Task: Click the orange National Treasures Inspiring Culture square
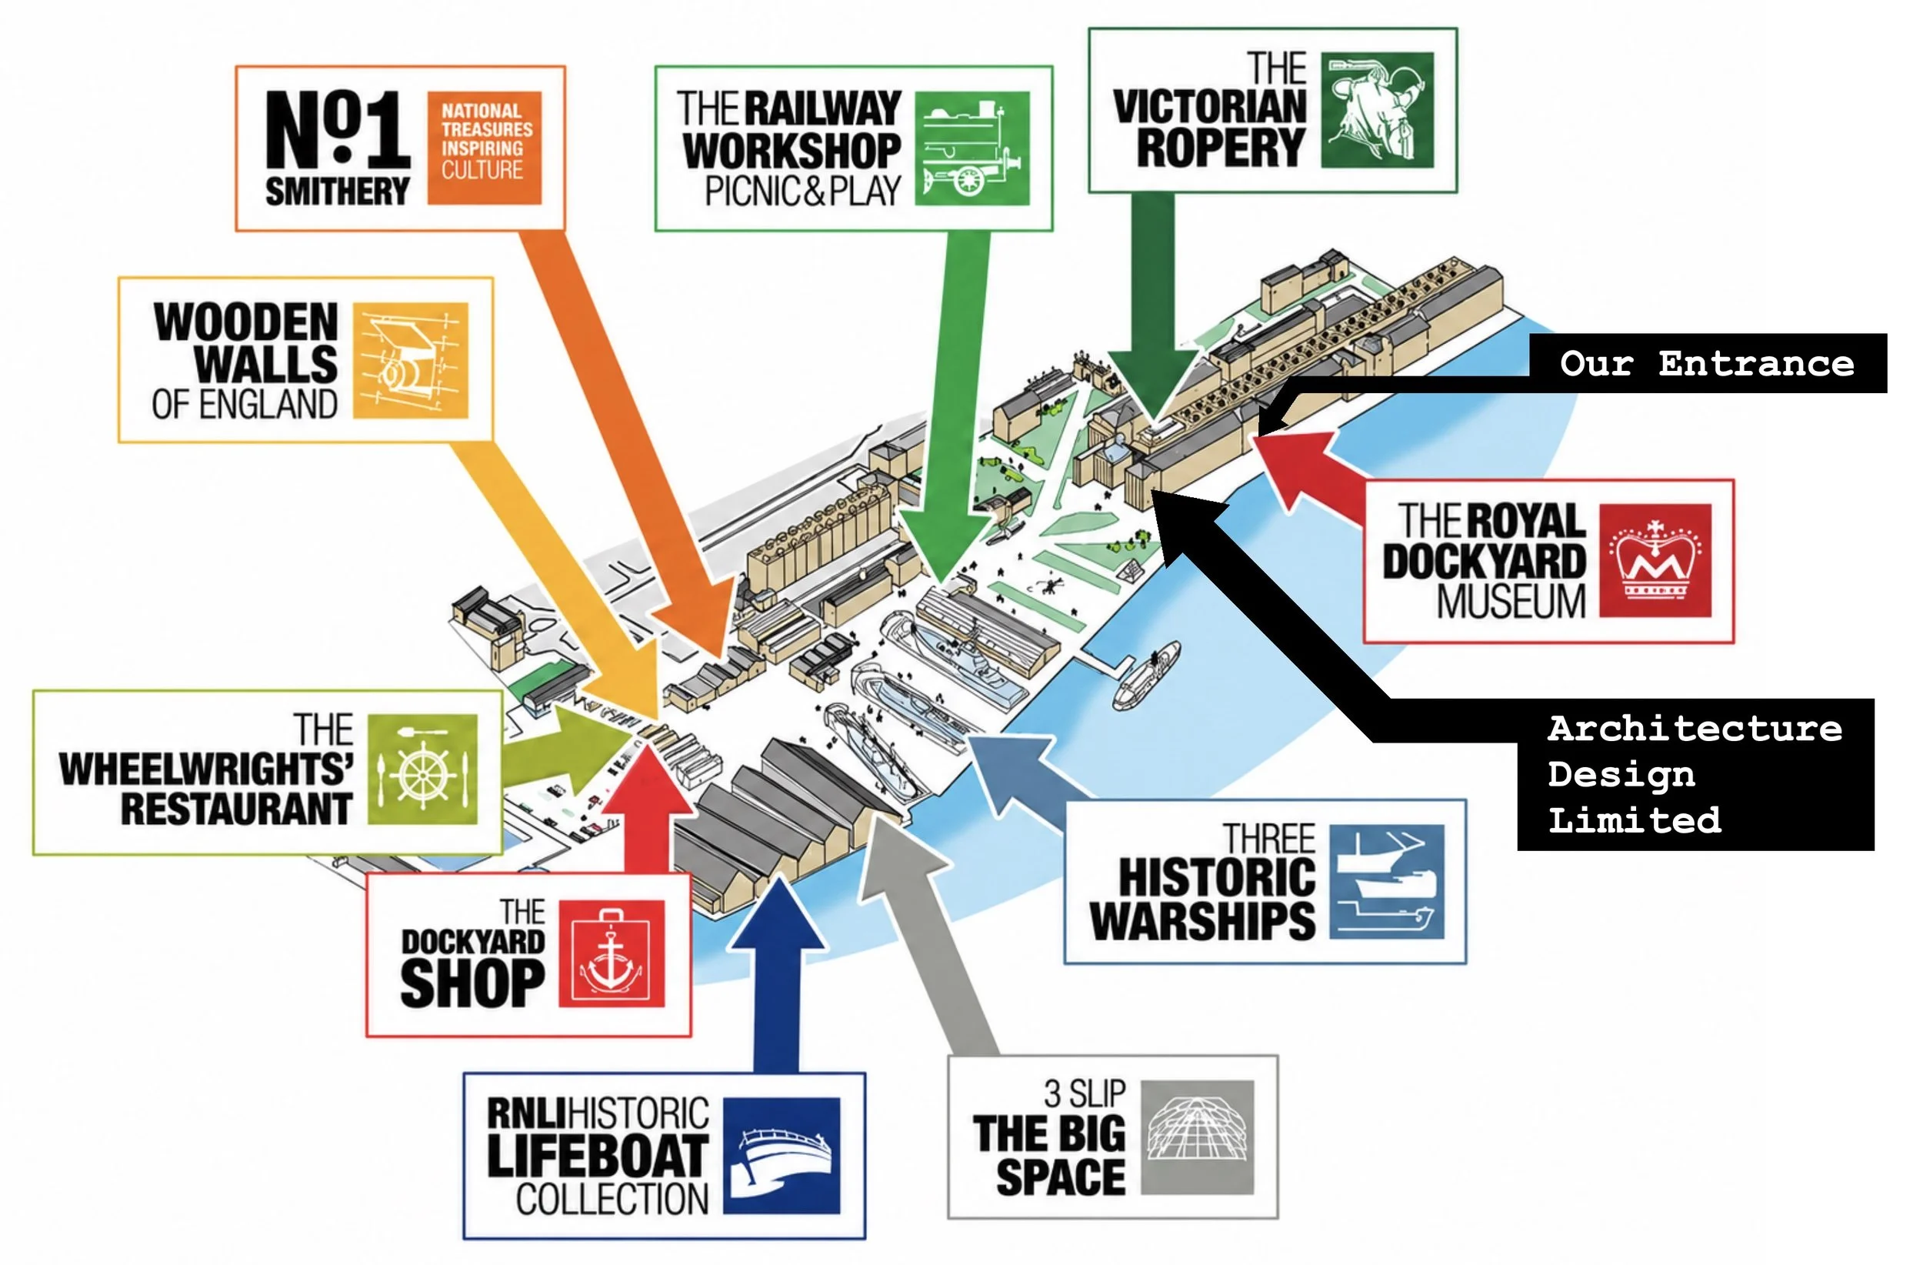click(x=484, y=148)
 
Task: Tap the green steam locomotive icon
click(x=972, y=148)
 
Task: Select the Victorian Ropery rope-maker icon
click(x=1378, y=111)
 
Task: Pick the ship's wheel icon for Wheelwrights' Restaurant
click(x=422, y=769)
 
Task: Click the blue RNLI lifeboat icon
click(x=782, y=1157)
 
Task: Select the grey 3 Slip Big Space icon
click(x=1198, y=1138)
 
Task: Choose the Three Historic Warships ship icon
click(x=1387, y=882)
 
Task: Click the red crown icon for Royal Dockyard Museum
click(x=1655, y=561)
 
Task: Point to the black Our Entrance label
click(x=1708, y=364)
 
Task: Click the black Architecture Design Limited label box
click(x=1696, y=774)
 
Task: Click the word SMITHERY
click(x=337, y=192)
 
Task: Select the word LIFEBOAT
click(x=598, y=1156)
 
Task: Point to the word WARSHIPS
click(x=1202, y=920)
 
